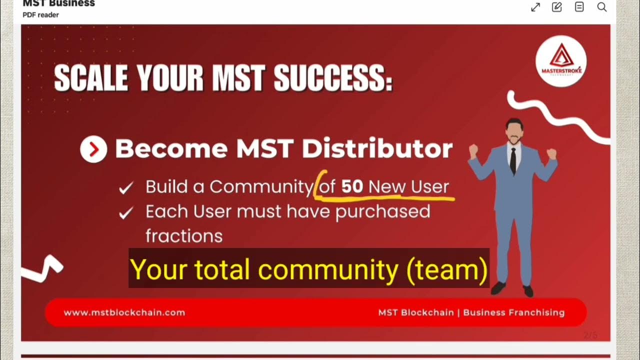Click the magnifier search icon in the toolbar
pyautogui.click(x=602, y=7)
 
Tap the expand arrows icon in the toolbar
pyautogui.click(x=535, y=7)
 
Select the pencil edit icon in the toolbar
pyautogui.click(x=556, y=7)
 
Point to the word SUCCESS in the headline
pyautogui.click(x=333, y=79)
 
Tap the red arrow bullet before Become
pyautogui.click(x=93, y=149)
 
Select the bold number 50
pyautogui.click(x=352, y=186)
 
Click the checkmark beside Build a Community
pyautogui.click(x=126, y=188)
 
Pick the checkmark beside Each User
pyautogui.click(x=126, y=213)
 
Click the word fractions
pyautogui.click(x=184, y=235)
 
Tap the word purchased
pyautogui.click(x=382, y=211)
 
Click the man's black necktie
pyautogui.click(x=513, y=160)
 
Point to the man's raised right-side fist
pyautogui.click(x=551, y=153)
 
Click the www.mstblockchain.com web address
pyautogui.click(x=124, y=312)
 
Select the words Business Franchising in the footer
pyautogui.click(x=514, y=312)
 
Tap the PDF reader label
pyautogui.click(x=40, y=15)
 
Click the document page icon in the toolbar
pyautogui.click(x=579, y=7)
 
